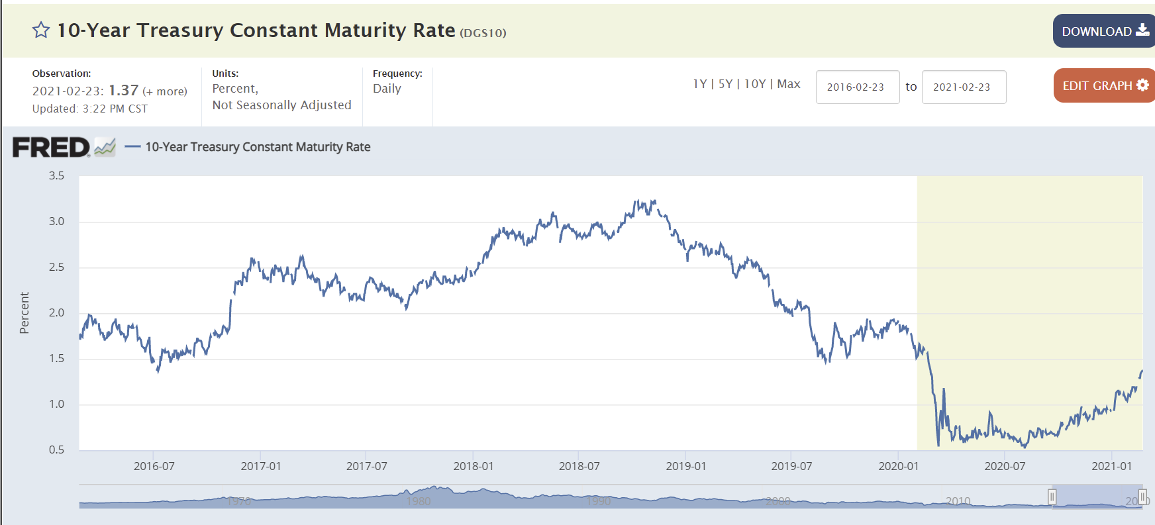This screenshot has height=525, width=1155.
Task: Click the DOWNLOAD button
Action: [x=1104, y=31]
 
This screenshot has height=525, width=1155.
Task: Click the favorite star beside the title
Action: [x=41, y=30]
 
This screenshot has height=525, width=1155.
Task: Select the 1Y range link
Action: [x=699, y=84]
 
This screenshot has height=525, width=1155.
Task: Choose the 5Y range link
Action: [x=725, y=84]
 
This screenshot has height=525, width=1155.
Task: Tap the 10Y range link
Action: [x=754, y=84]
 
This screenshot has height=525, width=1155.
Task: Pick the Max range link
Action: [x=788, y=84]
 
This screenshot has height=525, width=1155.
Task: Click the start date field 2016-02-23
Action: [x=857, y=87]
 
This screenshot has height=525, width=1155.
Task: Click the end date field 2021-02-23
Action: [x=963, y=87]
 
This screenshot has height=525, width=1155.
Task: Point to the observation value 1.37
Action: [x=123, y=91]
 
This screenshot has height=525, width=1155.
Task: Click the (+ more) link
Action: [x=165, y=91]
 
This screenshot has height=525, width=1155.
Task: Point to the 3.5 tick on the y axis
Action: [x=56, y=176]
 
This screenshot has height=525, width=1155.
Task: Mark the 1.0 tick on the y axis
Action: [x=56, y=405]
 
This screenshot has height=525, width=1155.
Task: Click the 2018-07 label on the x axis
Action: [x=579, y=466]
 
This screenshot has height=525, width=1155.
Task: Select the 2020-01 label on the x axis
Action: [x=898, y=466]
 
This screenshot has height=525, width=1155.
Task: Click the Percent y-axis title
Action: [x=25, y=312]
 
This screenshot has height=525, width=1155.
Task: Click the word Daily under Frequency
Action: [x=387, y=89]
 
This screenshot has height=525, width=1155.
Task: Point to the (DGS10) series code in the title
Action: [x=483, y=33]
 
